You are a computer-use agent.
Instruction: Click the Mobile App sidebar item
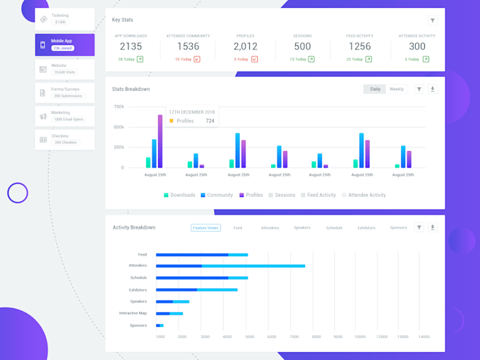pyautogui.click(x=64, y=44)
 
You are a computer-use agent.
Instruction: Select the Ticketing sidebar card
pyautogui.click(x=64, y=19)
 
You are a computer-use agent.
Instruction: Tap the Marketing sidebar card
pyautogui.click(x=64, y=116)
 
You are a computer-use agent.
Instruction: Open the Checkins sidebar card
pyautogui.click(x=64, y=139)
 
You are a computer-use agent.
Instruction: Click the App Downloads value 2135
pyautogui.click(x=131, y=47)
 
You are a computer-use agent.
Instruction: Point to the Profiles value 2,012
pyautogui.click(x=245, y=47)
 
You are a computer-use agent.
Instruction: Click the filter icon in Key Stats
pyautogui.click(x=432, y=20)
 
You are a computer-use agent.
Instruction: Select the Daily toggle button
pyautogui.click(x=375, y=89)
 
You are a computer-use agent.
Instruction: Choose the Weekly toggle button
pyautogui.click(x=397, y=89)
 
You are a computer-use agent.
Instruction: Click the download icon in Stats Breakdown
pyautogui.click(x=433, y=89)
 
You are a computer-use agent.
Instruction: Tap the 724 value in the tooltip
pyautogui.click(x=210, y=121)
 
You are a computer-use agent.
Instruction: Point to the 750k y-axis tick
pyautogui.click(x=118, y=107)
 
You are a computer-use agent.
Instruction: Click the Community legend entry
pyautogui.click(x=217, y=195)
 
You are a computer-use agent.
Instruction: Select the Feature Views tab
pyautogui.click(x=205, y=228)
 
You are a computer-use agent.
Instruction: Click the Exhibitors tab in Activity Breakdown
pyautogui.click(x=366, y=228)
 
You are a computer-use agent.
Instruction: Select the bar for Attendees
pyautogui.click(x=230, y=266)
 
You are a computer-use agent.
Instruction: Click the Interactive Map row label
pyautogui.click(x=133, y=313)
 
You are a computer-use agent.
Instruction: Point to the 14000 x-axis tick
pyautogui.click(x=424, y=337)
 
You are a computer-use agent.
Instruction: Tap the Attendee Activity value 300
pyautogui.click(x=417, y=47)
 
